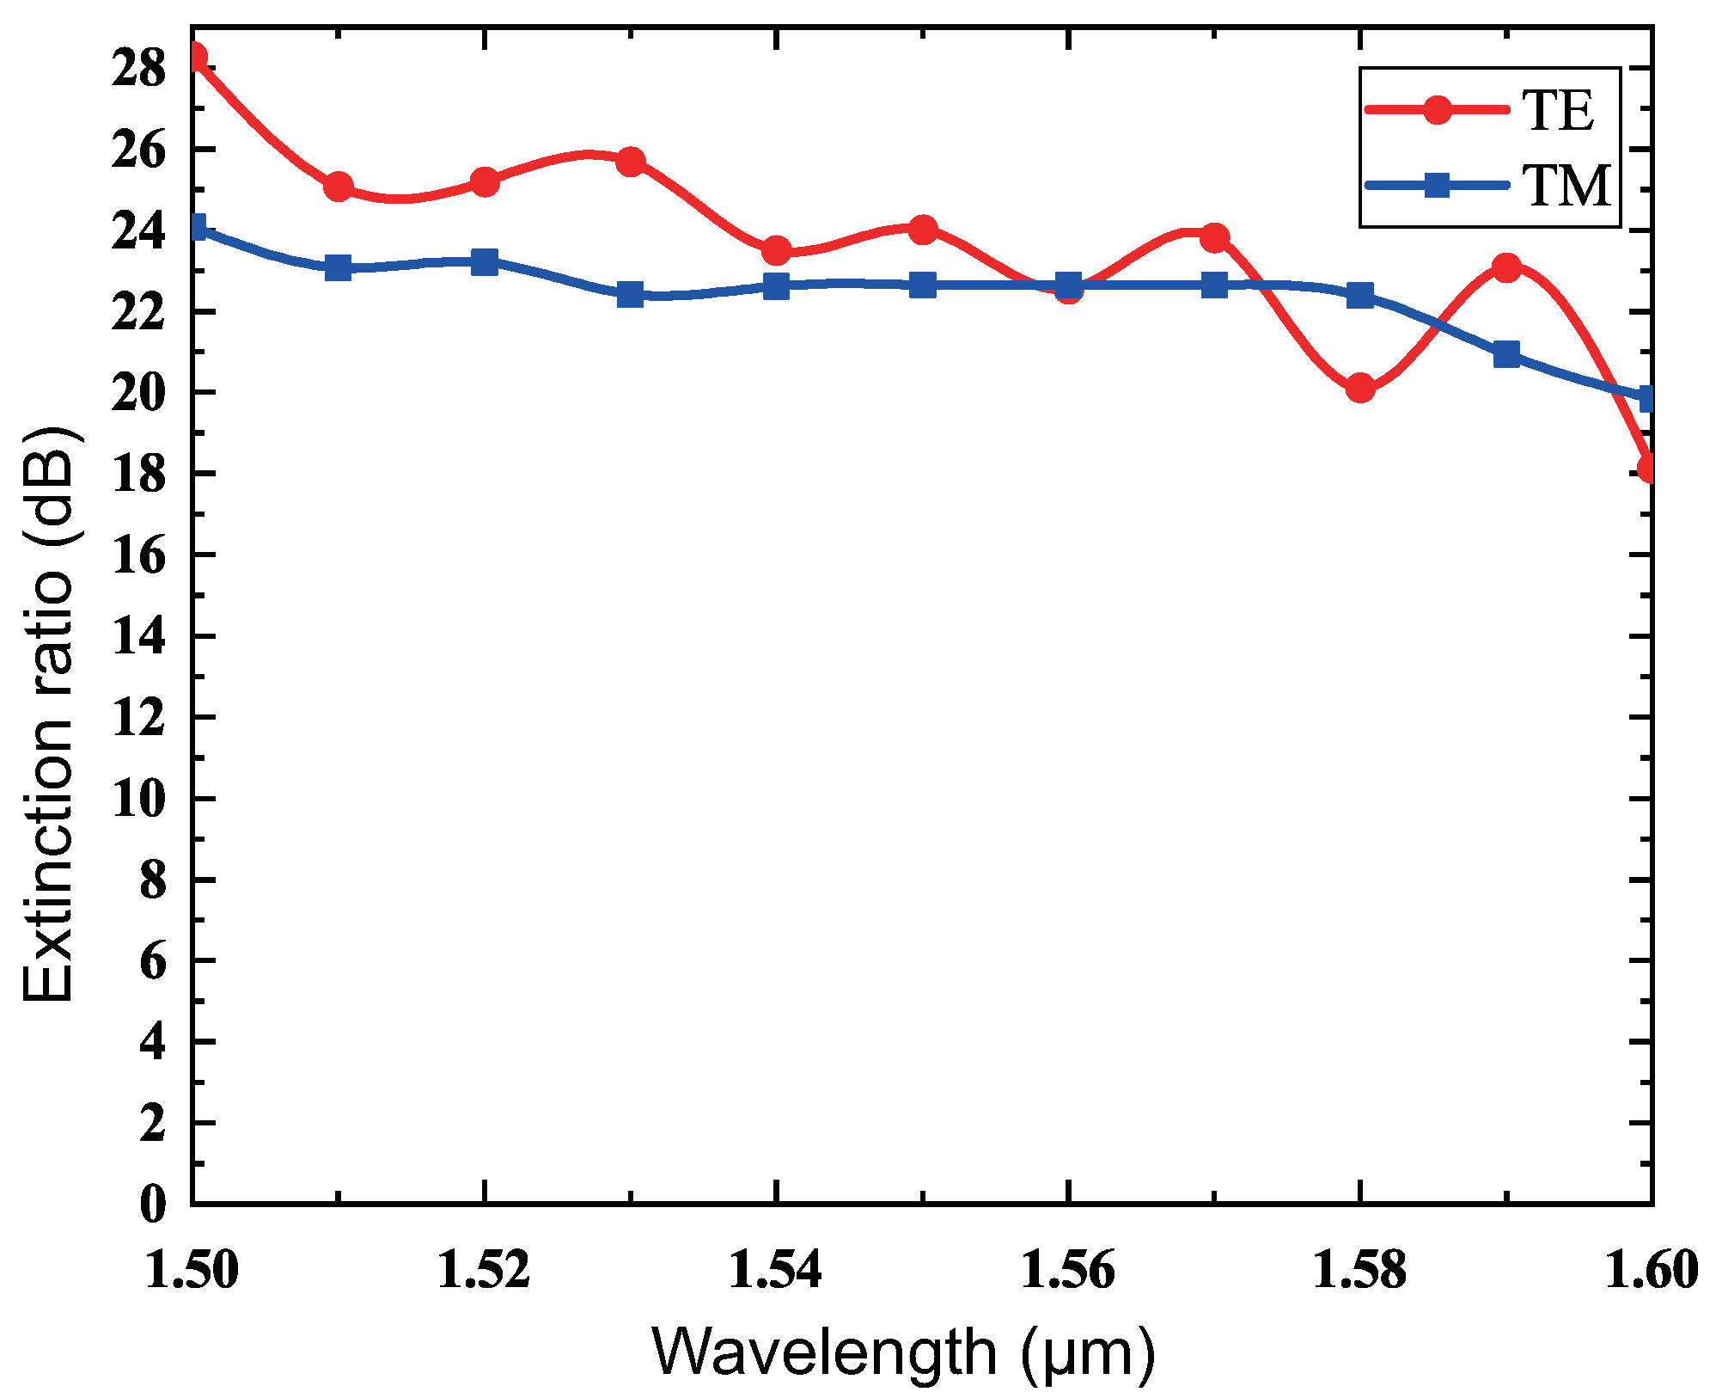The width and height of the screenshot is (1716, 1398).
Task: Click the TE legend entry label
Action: coord(1557,110)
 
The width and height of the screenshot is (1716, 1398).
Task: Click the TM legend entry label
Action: coord(1566,186)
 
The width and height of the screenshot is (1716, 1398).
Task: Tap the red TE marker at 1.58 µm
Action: coord(1359,389)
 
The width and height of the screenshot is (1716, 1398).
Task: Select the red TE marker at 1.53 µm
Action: coord(631,162)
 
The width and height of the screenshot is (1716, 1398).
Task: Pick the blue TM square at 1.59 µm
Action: coord(1506,354)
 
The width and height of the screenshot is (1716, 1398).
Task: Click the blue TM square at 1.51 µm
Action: coord(339,267)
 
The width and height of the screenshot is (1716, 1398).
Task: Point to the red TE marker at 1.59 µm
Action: coord(1506,267)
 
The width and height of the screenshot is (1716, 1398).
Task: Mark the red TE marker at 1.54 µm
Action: coord(776,251)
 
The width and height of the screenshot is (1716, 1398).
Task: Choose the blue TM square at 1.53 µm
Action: coord(631,295)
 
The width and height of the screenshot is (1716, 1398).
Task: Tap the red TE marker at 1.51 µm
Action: coord(339,186)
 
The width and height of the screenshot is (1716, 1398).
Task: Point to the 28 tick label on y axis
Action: coord(139,69)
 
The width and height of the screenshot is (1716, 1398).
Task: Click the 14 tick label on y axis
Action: coord(139,637)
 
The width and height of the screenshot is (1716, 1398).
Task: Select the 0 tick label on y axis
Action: coord(152,1204)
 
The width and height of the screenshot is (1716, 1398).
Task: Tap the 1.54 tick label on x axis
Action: coord(775,1270)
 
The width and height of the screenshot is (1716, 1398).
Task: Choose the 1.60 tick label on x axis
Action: coord(1652,1270)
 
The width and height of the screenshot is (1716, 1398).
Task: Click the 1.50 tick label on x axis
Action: coord(191,1270)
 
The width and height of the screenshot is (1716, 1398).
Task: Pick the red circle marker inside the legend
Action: coord(1437,110)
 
